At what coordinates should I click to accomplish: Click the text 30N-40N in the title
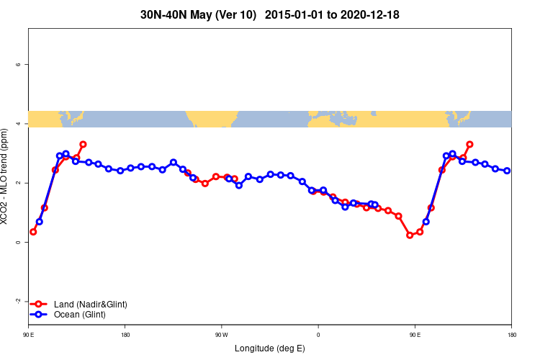tap(163, 14)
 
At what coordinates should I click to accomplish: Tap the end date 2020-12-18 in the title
tap(366, 14)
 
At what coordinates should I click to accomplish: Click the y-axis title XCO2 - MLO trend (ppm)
tap(6, 176)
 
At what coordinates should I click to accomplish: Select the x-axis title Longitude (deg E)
tap(269, 348)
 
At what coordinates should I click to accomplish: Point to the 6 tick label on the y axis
tap(18, 65)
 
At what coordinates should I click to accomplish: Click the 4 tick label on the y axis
tap(18, 124)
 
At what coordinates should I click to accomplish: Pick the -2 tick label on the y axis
tap(17, 302)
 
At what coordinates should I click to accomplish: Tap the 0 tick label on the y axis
tap(18, 243)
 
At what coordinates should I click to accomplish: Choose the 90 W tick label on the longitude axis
tap(221, 335)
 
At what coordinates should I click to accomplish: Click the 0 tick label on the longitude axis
tap(318, 335)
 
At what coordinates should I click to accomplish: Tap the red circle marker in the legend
tap(40, 305)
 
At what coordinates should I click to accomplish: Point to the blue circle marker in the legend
tap(40, 315)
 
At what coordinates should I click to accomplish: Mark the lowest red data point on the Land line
tap(410, 235)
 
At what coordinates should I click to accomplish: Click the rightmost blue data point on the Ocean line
tap(507, 171)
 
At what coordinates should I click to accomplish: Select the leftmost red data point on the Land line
tap(33, 232)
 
